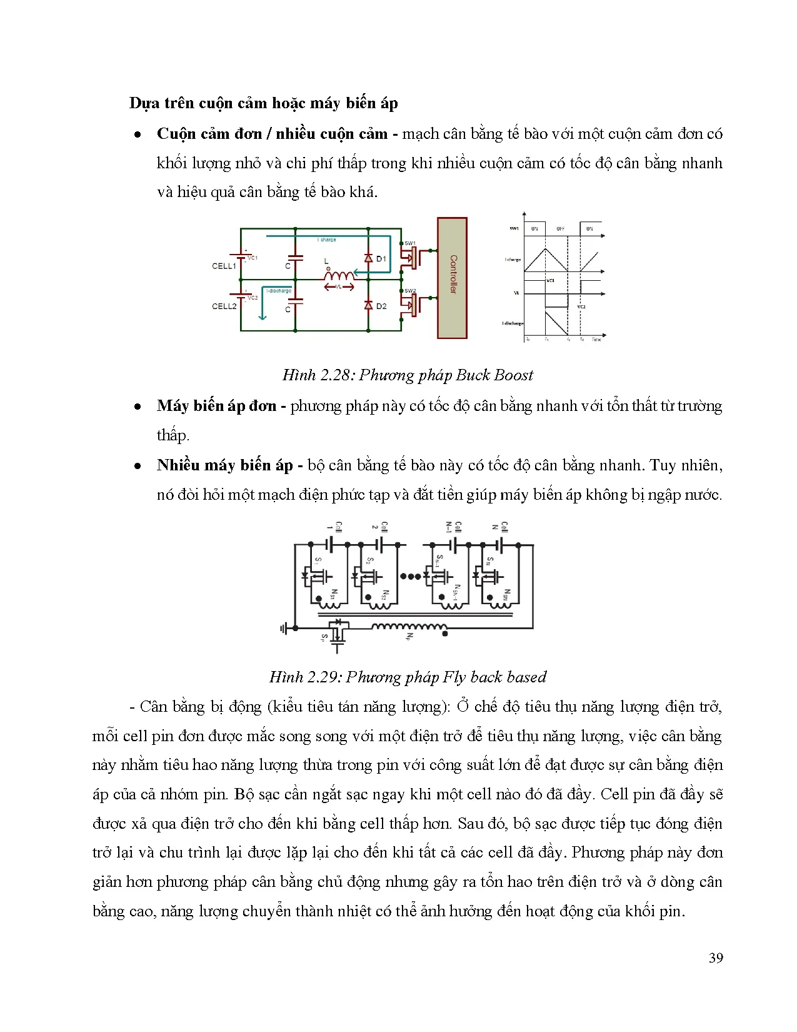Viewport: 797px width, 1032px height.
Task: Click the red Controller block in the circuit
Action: (x=452, y=278)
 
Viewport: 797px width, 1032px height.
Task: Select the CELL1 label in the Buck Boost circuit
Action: (x=224, y=266)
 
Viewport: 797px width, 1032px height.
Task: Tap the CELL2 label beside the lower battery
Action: (x=224, y=306)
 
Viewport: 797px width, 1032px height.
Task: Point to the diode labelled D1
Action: (x=369, y=258)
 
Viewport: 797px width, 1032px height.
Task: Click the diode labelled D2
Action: (x=369, y=305)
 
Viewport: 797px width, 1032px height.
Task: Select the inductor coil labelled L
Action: (x=339, y=275)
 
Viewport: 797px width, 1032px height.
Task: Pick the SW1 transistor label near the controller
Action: (x=410, y=243)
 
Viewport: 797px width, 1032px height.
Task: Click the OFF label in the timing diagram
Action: (x=561, y=229)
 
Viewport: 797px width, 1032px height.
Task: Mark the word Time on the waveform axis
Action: (x=596, y=340)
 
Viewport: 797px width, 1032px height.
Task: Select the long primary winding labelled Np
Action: (x=409, y=627)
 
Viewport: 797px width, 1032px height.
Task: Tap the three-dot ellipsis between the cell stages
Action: (x=410, y=577)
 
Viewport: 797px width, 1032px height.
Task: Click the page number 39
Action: (x=716, y=958)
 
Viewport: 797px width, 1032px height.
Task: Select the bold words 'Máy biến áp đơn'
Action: (x=216, y=406)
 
